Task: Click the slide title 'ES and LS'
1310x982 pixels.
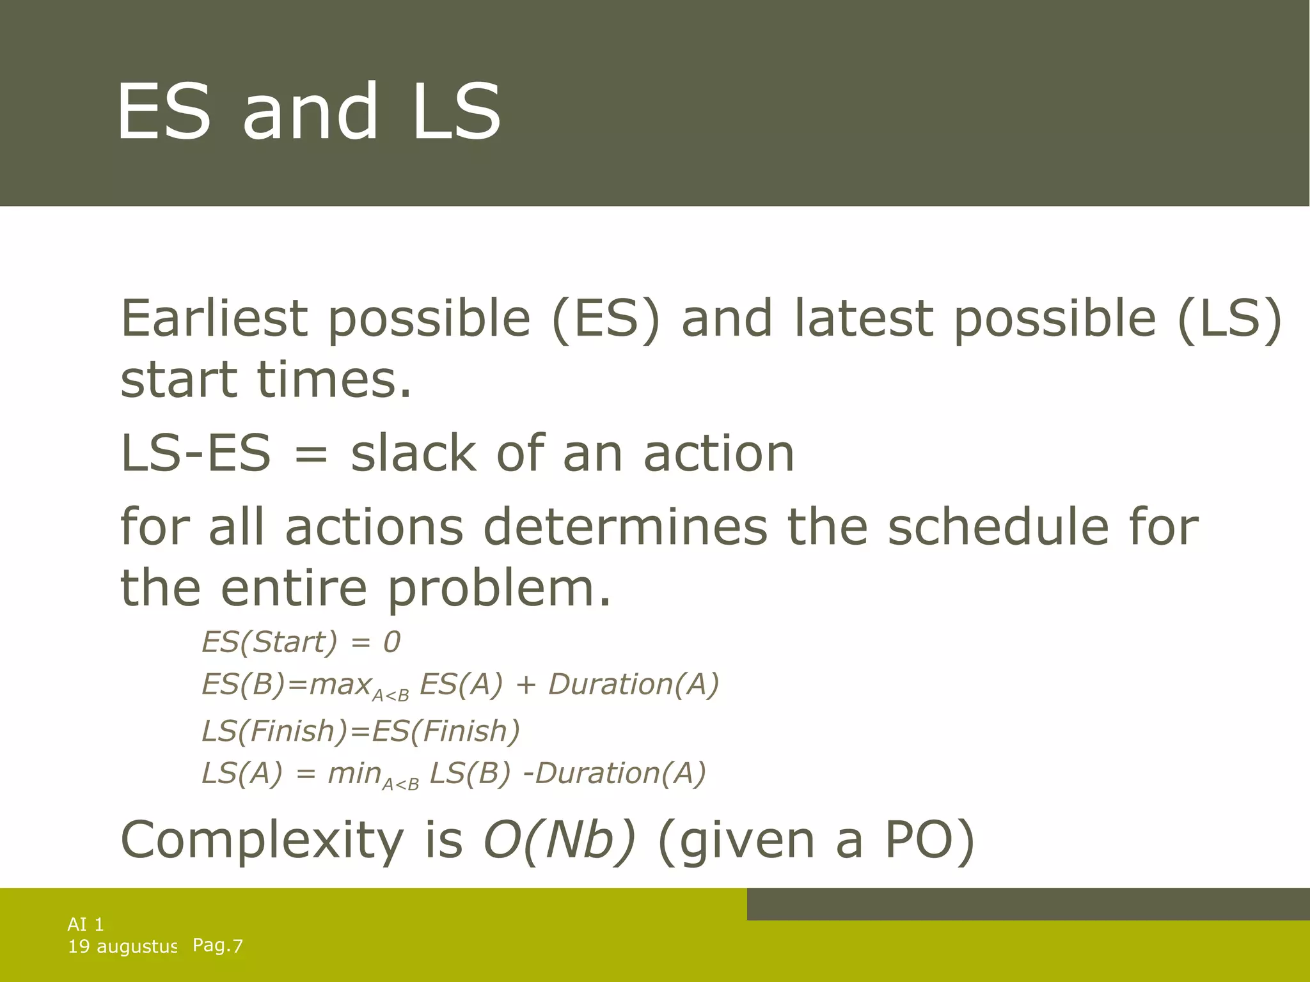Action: pos(308,112)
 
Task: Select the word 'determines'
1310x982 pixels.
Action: pos(624,526)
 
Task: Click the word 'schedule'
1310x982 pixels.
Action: pos(998,526)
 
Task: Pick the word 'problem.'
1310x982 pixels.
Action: pos(499,588)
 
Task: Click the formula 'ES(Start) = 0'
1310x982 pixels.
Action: pos(301,641)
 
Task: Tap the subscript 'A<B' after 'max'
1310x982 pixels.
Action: pos(390,696)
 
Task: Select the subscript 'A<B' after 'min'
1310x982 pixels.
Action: pos(400,784)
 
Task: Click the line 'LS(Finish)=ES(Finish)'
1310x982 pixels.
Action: pos(361,731)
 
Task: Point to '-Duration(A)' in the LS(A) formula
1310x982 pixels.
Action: pos(614,773)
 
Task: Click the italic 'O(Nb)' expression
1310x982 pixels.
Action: pos(559,839)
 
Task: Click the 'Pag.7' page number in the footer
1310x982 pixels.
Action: pos(217,946)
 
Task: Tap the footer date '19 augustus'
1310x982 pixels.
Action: pos(122,947)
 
